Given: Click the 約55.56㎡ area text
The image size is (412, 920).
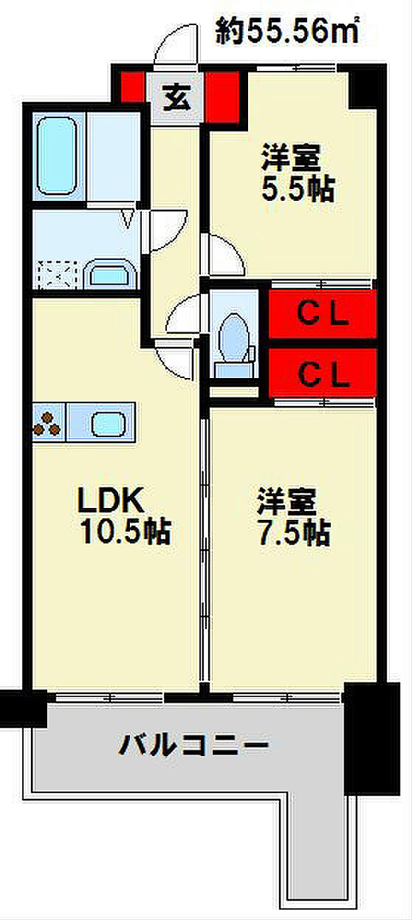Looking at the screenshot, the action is tap(287, 31).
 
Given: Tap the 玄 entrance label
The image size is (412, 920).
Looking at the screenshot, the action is tap(177, 99).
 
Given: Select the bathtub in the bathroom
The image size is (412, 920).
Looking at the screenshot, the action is tap(57, 157).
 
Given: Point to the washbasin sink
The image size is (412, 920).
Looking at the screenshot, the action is tap(109, 273).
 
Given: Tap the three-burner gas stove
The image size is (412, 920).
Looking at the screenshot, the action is tap(47, 423).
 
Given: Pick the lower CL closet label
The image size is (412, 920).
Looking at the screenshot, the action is tap(323, 375).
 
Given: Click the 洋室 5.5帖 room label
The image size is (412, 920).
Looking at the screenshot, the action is tap(298, 173).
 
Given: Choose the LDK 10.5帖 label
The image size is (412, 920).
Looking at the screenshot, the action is tap(124, 515).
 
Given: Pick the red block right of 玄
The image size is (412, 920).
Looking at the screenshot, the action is tap(222, 97).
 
